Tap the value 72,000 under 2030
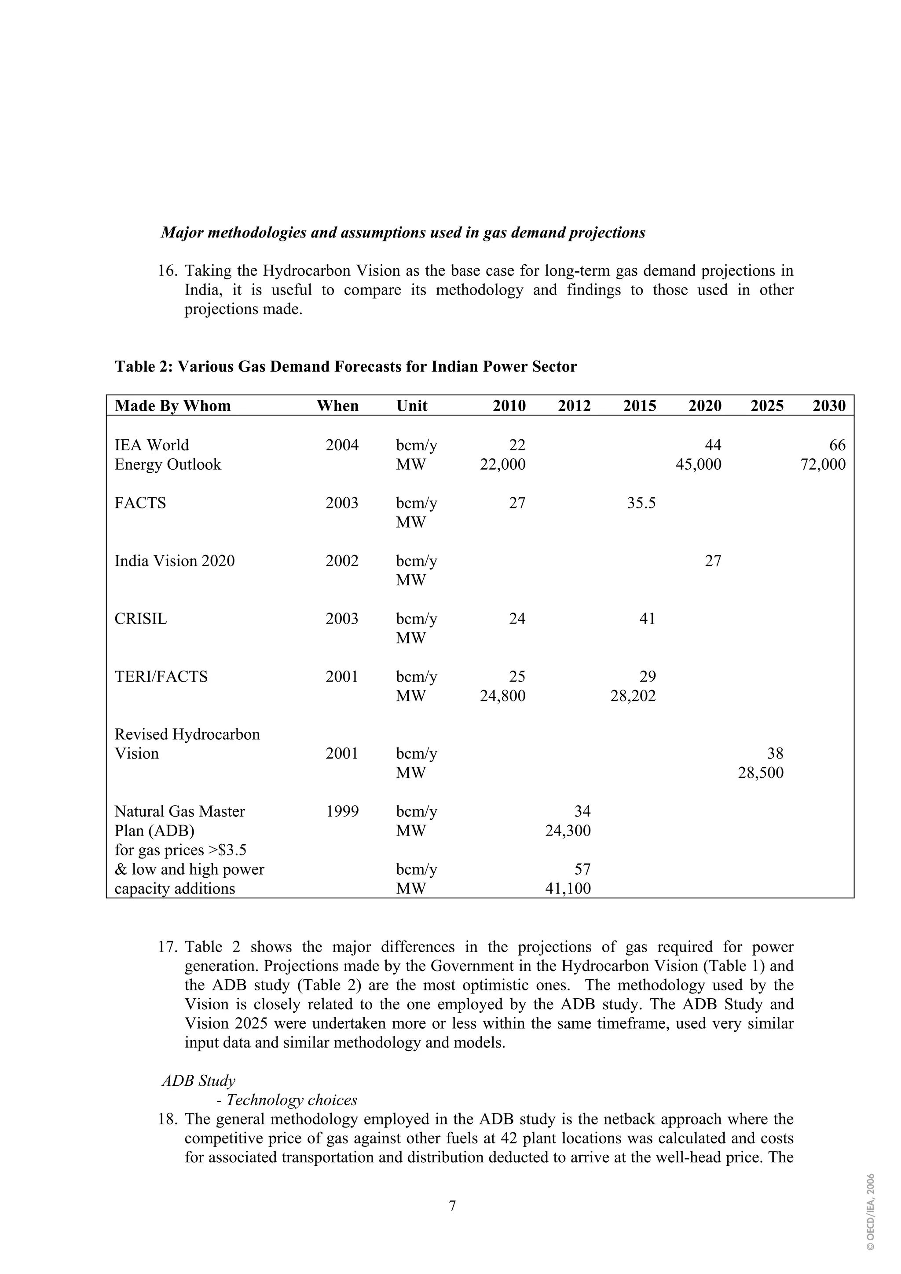pos(823,464)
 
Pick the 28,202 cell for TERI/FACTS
pos(633,696)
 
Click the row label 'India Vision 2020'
pos(174,561)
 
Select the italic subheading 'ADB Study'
pos(198,1081)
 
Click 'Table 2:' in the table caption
pos(144,367)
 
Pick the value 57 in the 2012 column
pos(582,869)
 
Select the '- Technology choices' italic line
pos(286,1100)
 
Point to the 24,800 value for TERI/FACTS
pos(502,696)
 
